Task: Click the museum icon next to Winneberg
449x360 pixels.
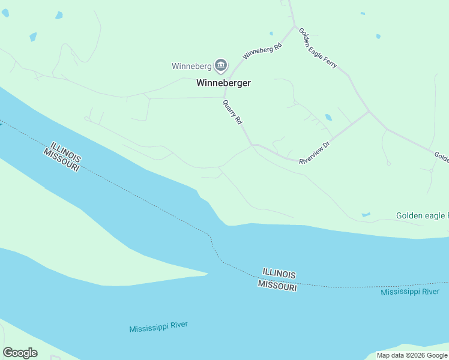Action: [221, 65]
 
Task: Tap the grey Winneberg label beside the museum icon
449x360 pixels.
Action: [191, 66]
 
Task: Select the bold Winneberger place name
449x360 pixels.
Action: [223, 83]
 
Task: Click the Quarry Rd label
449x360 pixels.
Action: [232, 112]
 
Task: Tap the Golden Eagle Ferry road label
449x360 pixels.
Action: [318, 47]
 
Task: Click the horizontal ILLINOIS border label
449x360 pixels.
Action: [279, 274]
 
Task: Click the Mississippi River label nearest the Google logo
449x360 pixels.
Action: [158, 327]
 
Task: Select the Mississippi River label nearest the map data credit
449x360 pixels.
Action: [410, 292]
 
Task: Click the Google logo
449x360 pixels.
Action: [20, 353]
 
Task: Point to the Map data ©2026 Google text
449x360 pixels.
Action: [412, 355]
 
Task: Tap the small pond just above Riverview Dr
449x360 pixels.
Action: [328, 117]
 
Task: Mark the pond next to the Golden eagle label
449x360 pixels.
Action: [366, 214]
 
